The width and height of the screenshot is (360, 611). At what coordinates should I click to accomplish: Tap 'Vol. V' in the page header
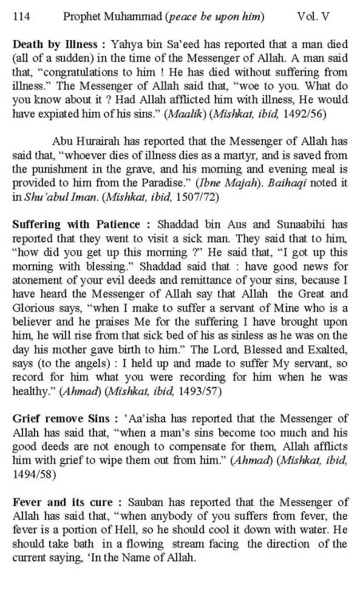(x=313, y=17)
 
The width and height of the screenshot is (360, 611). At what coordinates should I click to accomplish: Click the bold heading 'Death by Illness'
(x=55, y=44)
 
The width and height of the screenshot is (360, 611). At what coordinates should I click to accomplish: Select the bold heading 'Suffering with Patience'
(x=76, y=224)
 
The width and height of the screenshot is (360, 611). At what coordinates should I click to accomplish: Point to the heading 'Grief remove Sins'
(x=61, y=419)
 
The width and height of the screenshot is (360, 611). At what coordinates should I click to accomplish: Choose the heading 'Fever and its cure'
(x=62, y=502)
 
